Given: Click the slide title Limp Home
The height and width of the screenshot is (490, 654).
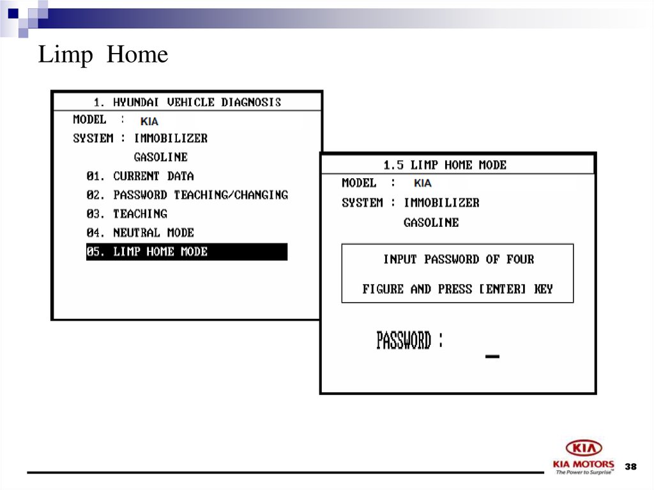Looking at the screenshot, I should pos(103,56).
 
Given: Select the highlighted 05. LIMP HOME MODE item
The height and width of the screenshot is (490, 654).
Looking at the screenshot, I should pos(186,252).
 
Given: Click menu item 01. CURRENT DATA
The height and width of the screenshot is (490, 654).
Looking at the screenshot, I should pos(141,176).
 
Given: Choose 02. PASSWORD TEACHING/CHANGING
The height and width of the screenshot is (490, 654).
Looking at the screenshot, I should pos(187,195).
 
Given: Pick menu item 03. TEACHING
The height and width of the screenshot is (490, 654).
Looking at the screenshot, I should pos(126,214).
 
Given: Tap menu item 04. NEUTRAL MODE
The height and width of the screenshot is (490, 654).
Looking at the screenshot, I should pos(140,233).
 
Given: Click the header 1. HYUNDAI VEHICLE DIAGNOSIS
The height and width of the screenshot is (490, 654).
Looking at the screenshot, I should pos(187,102).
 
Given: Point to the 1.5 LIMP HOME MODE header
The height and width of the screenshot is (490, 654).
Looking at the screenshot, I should pos(445,165).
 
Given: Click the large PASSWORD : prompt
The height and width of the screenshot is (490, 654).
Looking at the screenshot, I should pos(409,341).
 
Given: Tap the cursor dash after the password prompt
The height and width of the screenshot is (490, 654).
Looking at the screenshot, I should pos(492,356).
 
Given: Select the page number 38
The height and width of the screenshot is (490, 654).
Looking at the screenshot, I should pos(631,466).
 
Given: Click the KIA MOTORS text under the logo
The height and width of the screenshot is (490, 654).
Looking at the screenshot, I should pos(584,464).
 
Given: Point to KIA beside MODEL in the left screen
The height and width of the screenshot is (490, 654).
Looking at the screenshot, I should pos(149,121).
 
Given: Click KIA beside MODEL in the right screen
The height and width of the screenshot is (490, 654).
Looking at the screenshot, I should pos(422,183).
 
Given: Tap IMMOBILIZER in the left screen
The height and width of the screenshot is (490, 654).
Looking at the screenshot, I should pos(171,138).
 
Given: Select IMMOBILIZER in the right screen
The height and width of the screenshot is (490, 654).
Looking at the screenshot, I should pos(441,203).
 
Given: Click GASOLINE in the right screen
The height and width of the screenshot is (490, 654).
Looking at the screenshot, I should pos(431,222).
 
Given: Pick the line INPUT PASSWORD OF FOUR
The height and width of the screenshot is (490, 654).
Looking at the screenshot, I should pos(458,259).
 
